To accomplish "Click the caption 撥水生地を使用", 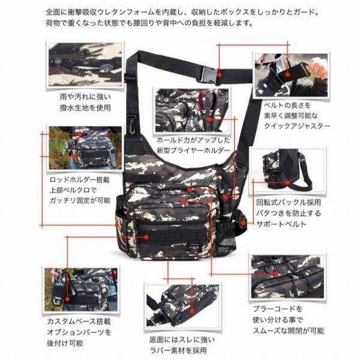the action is (85, 107).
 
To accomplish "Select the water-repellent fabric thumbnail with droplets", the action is (85, 65).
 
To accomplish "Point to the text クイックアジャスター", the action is (297, 126).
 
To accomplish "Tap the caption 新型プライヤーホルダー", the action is (193, 151).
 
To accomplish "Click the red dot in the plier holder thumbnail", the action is (209, 119).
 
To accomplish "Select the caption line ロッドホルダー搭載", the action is (80, 179).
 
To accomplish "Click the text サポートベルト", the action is (281, 224).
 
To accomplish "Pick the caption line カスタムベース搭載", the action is (79, 322).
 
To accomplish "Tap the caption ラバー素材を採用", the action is (178, 350).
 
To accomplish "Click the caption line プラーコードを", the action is (277, 309).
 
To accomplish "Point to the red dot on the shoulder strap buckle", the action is (219, 74).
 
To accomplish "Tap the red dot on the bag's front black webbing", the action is (146, 237).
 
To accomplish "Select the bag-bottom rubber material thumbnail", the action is (183, 306).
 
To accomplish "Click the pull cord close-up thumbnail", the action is (287, 277).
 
